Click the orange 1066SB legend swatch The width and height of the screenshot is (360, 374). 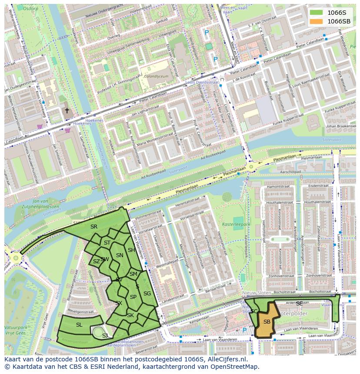[x=317, y=21]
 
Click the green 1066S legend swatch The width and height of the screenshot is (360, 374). [x=317, y=12]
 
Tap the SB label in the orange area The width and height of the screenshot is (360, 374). [x=267, y=321]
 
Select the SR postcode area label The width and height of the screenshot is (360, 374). [x=94, y=226]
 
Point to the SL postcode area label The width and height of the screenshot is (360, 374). [x=79, y=324]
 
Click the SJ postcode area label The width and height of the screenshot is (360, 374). [x=105, y=335]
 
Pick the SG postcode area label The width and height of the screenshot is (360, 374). [x=147, y=294]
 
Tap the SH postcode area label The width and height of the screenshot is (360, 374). [x=131, y=250]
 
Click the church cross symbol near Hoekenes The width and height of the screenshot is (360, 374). [x=67, y=111]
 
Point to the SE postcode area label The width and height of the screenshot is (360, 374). [x=299, y=303]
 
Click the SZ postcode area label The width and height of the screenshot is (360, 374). [x=96, y=261]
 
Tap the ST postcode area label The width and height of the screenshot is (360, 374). [x=107, y=243]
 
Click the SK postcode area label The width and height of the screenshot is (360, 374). [x=130, y=315]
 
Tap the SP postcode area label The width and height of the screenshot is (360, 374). [x=133, y=297]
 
